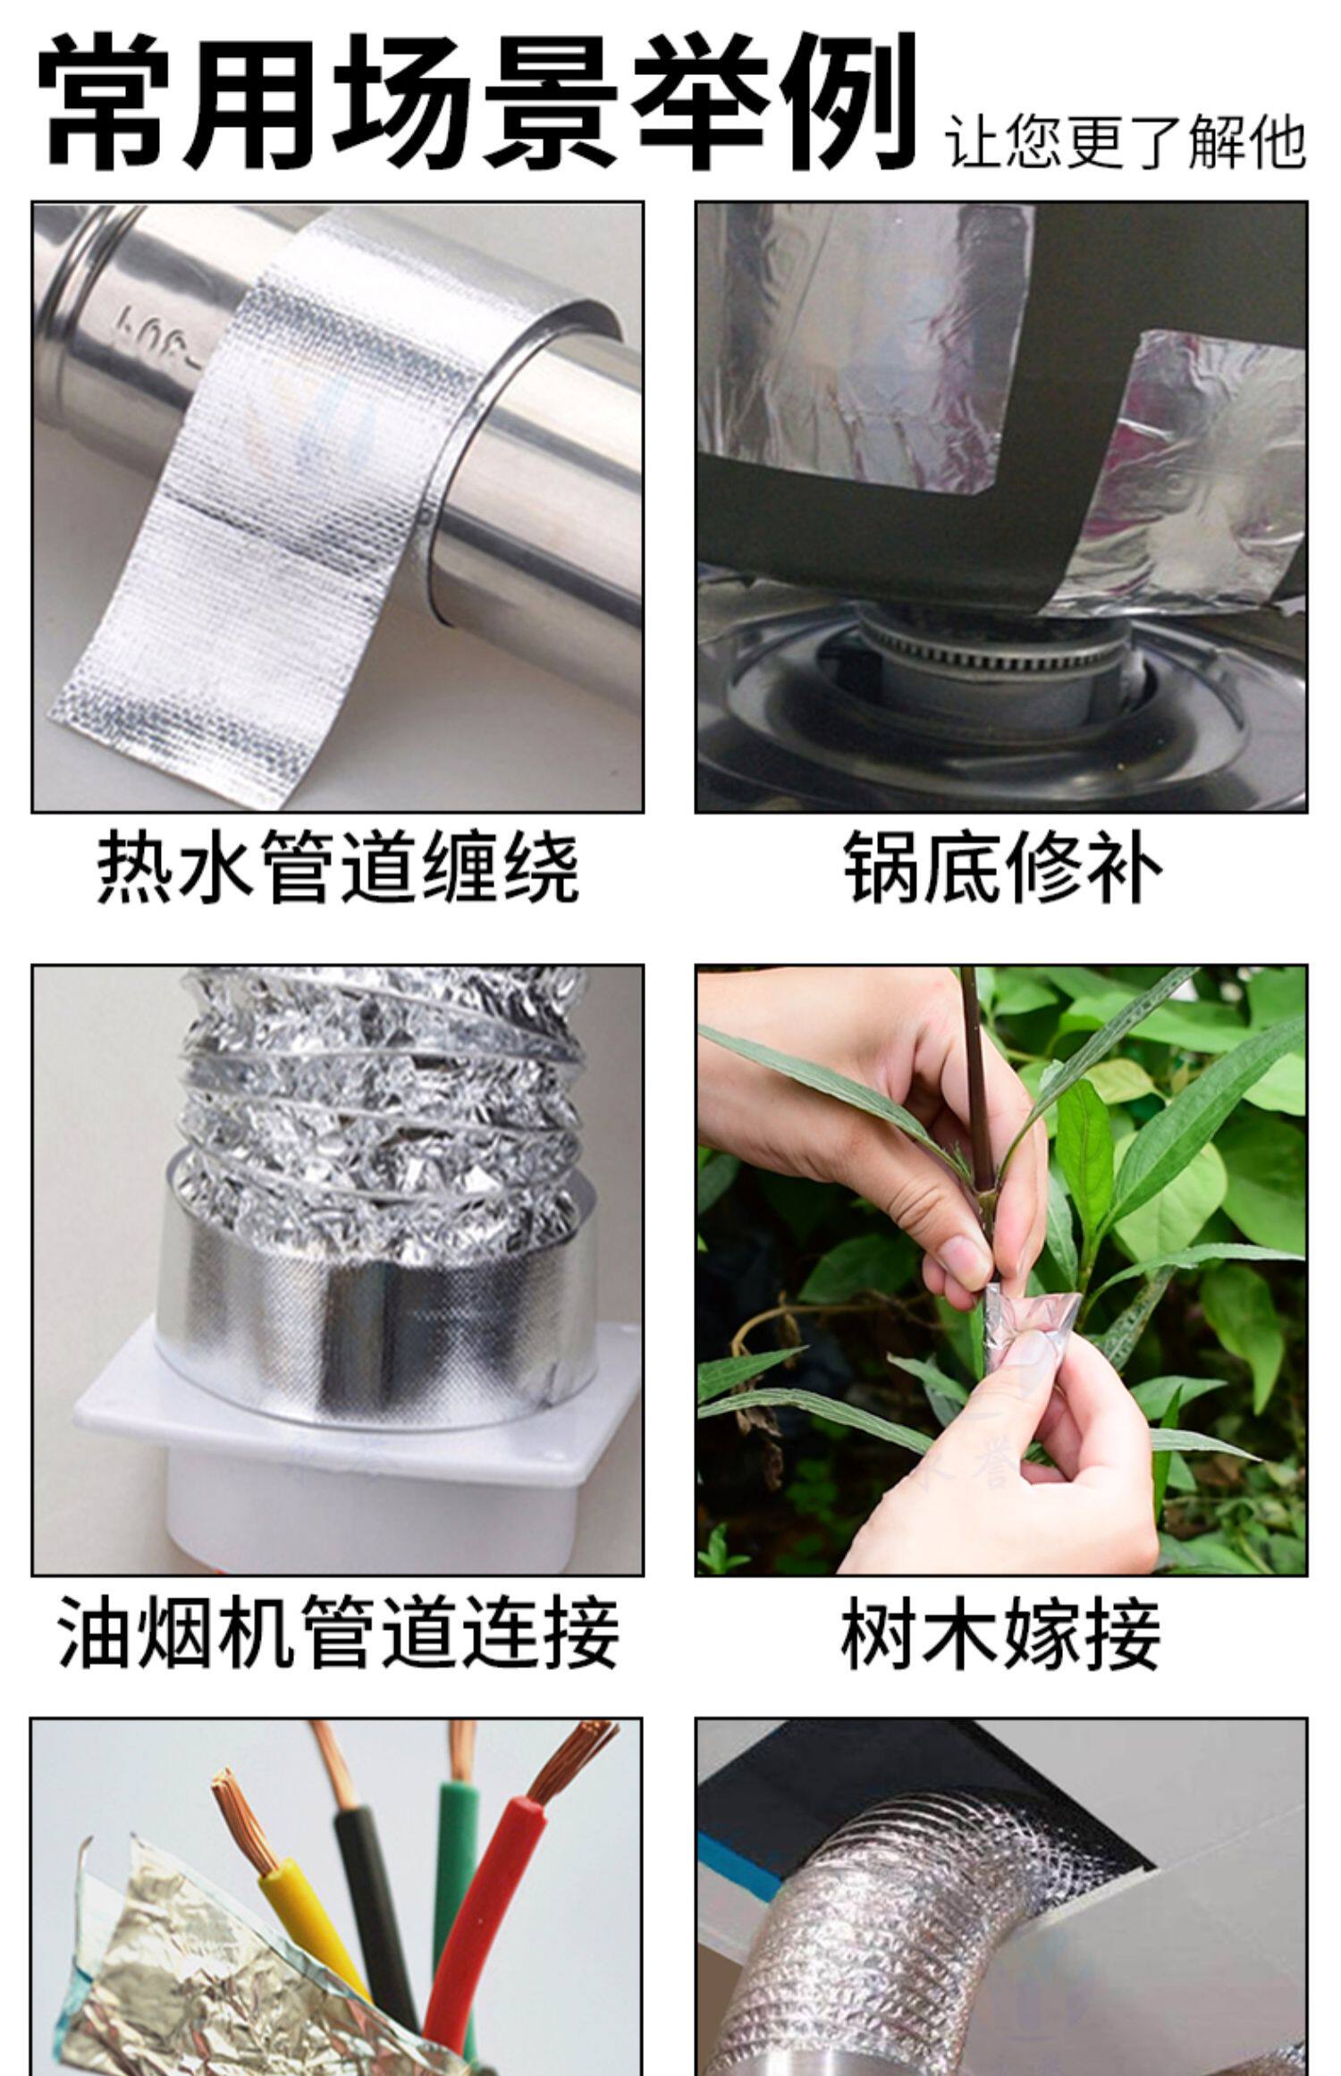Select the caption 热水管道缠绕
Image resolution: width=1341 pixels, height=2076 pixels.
337,867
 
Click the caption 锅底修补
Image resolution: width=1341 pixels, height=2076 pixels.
1001,867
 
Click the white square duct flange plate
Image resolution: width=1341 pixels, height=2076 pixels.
358,1404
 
